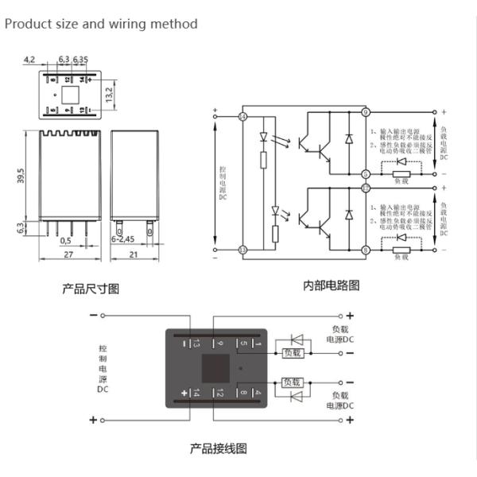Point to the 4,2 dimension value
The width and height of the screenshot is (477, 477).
click(x=29, y=60)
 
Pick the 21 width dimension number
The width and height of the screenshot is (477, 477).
click(x=131, y=254)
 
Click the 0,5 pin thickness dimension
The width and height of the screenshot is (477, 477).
click(x=65, y=239)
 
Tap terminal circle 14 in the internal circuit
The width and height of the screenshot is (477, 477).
click(x=242, y=117)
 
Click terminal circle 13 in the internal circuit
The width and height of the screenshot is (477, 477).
click(x=242, y=250)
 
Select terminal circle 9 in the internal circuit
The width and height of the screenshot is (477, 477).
click(x=366, y=112)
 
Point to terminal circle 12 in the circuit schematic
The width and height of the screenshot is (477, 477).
click(x=366, y=188)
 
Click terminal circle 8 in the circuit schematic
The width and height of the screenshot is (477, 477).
click(x=366, y=250)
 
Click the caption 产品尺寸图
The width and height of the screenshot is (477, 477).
click(x=91, y=289)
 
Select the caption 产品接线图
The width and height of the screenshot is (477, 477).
click(x=218, y=448)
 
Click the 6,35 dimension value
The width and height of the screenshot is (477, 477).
click(x=81, y=60)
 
